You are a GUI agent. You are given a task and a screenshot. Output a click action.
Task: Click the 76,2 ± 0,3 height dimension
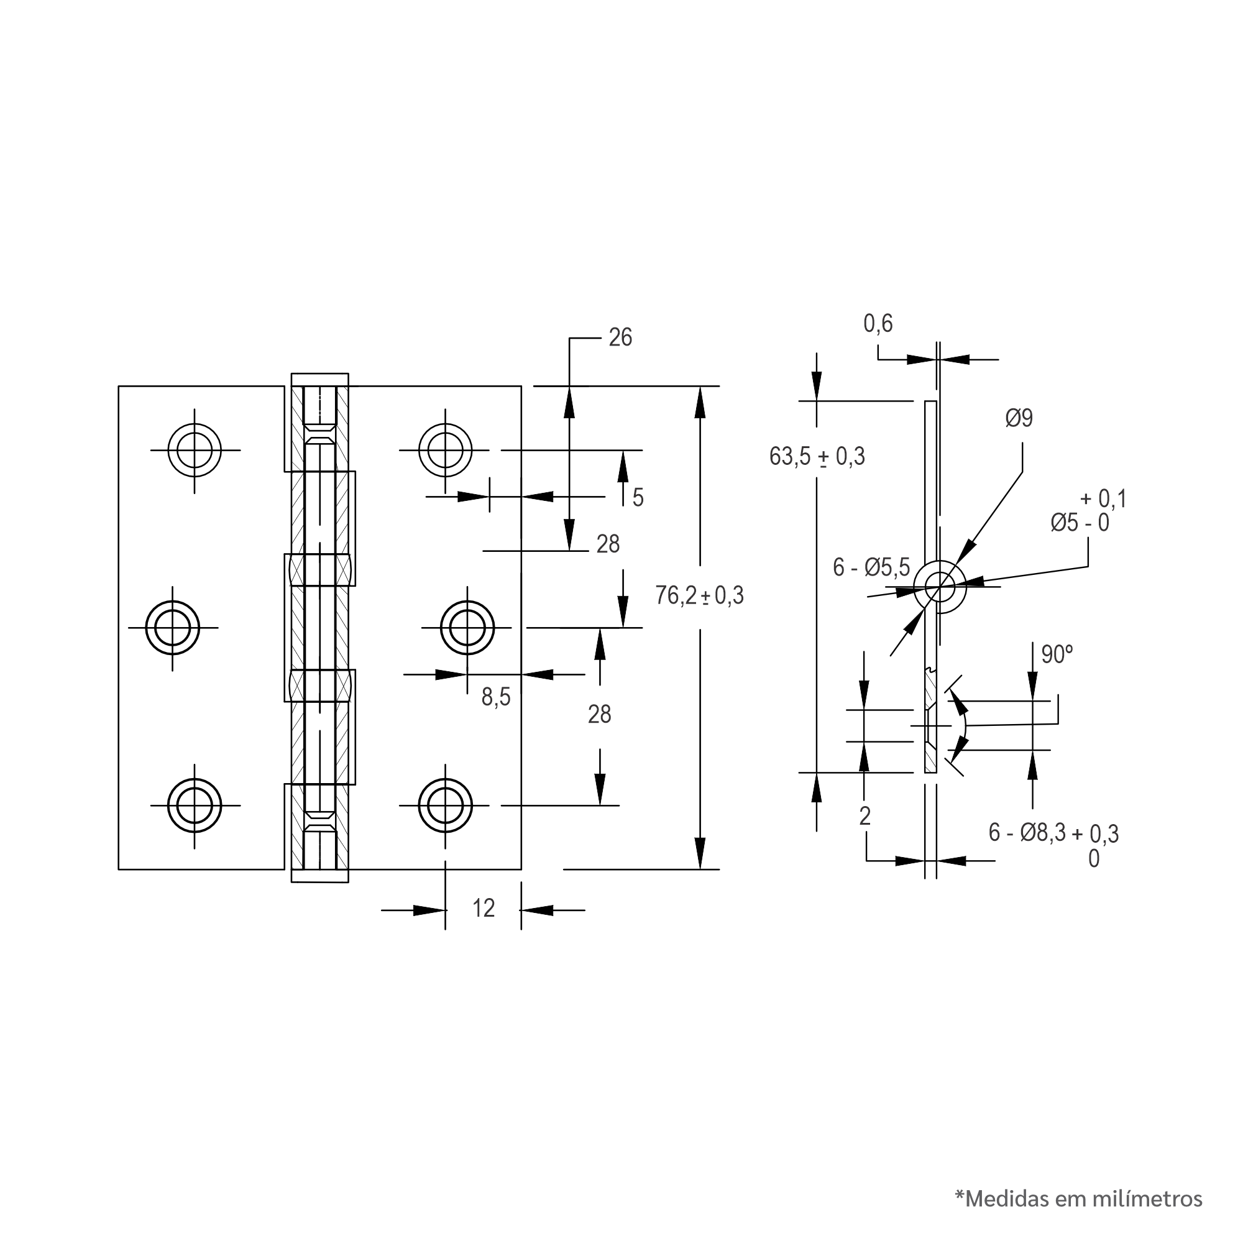[699, 596]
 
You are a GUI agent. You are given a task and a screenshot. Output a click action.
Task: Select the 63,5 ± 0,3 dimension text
[817, 456]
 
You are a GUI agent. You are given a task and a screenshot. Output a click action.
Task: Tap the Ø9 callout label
[1019, 418]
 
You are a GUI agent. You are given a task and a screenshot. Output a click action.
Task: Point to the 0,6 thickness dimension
[878, 323]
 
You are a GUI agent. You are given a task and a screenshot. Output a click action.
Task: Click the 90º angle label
[1057, 654]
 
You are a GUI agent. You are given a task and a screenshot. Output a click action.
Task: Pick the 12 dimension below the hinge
[483, 908]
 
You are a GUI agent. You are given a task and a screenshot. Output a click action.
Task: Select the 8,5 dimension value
[496, 697]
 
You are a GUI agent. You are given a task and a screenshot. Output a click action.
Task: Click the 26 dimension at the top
[620, 337]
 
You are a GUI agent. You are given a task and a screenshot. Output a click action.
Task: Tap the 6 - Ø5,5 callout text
[871, 567]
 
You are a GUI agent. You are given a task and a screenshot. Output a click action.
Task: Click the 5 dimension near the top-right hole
[638, 497]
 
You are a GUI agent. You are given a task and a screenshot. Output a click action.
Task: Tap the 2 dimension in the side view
[865, 816]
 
